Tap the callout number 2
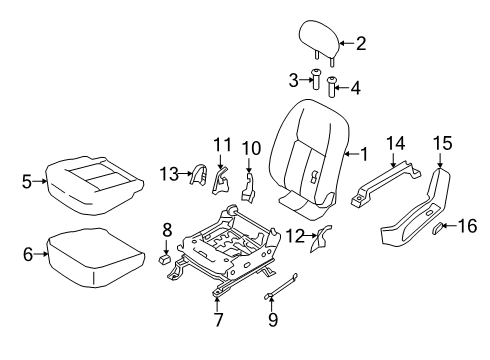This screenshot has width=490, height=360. pos(362,42)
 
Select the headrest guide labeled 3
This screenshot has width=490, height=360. pos(316,82)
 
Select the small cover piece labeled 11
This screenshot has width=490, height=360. pos(323,266)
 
